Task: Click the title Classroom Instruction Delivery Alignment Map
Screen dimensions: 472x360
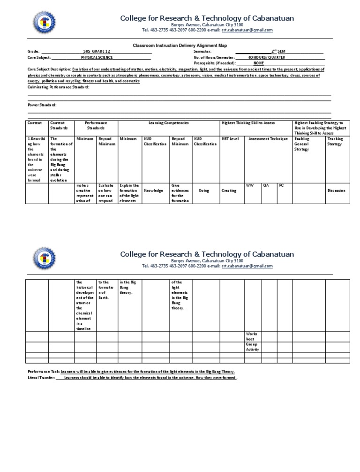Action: [x=180, y=46]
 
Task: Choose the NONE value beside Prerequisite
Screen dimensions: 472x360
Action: [x=259, y=62]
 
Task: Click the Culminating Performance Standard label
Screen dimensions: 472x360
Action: [x=59, y=87]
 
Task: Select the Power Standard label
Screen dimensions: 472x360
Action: [x=42, y=105]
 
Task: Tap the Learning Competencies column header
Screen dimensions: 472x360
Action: [x=168, y=122]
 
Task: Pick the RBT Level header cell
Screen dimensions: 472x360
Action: [x=230, y=139]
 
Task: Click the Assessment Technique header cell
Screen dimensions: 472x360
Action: [x=265, y=139]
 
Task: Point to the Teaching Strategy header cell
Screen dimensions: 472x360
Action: [x=335, y=141]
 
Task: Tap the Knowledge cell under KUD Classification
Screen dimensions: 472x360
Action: [x=153, y=191]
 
